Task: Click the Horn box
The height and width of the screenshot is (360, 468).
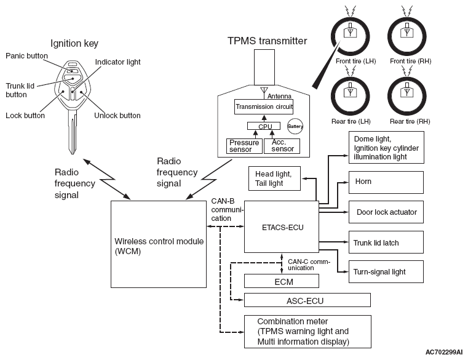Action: pos(386,182)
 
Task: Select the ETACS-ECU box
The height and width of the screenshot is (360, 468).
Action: pos(282,226)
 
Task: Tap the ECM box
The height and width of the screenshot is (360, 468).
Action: pos(282,281)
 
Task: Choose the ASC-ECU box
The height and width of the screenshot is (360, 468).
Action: pos(307,300)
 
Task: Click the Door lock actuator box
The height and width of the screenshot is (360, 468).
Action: pos(386,212)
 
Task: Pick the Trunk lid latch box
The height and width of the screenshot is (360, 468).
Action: pos(386,242)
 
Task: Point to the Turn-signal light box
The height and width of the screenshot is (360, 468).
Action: pos(386,271)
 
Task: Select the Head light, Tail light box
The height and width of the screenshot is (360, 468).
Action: pos(274,178)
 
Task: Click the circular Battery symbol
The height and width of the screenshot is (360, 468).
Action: pos(295,126)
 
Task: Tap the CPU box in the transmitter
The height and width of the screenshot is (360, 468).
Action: pos(264,126)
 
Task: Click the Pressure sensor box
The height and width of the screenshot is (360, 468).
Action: pos(244,146)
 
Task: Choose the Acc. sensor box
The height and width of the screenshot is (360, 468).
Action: pos(282,146)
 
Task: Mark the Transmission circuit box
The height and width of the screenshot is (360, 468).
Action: pos(264,106)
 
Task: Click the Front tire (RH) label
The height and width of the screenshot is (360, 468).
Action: pos(410,62)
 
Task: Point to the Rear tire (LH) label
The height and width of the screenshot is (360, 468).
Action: pos(351,121)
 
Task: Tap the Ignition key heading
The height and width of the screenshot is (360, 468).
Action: pos(74,44)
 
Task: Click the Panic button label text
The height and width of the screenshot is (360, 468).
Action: pos(26,56)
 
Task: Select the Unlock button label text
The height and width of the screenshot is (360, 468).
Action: pos(117,116)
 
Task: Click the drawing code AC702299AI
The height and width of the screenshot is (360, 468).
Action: pos(444,352)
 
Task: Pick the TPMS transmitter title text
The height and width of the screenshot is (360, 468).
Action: pos(267,41)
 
